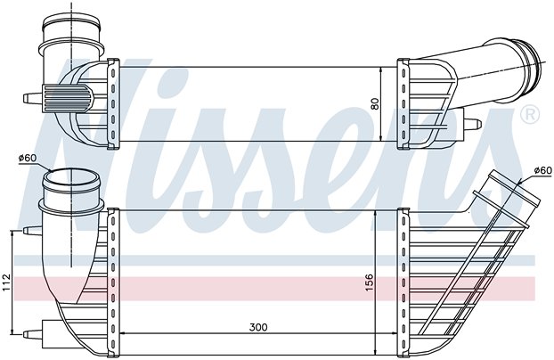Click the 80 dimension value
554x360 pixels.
[x=375, y=102]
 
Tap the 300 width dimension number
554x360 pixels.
[x=257, y=328]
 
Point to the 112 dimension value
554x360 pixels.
[x=5, y=282]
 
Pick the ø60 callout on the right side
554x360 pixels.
[x=542, y=169]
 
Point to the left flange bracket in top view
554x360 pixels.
[x=113, y=102]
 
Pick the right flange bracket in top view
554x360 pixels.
[x=403, y=102]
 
